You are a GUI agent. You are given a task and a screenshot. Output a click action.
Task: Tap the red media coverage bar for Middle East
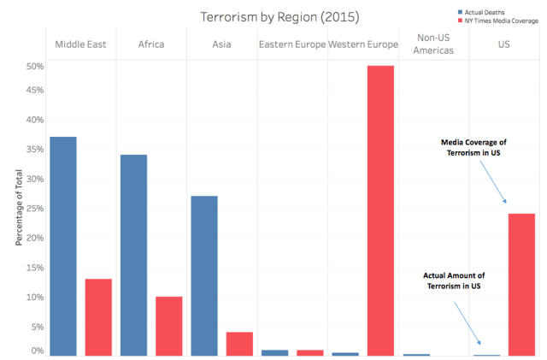click(x=98, y=316)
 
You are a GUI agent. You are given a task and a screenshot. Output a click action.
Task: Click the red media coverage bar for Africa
click(x=168, y=326)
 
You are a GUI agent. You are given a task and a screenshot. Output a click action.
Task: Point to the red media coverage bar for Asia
click(x=239, y=343)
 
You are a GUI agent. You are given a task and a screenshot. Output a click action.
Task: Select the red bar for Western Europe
click(x=380, y=210)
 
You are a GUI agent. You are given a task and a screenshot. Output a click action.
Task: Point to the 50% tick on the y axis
click(x=35, y=66)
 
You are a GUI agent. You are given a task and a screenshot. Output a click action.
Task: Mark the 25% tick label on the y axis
click(x=35, y=208)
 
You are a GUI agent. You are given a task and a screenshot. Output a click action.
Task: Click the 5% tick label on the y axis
click(x=37, y=327)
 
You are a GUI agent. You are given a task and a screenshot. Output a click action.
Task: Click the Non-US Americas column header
click(x=433, y=44)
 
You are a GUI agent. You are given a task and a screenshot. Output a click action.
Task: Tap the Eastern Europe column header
click(x=291, y=44)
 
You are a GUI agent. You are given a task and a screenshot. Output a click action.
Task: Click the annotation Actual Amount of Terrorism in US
click(x=454, y=280)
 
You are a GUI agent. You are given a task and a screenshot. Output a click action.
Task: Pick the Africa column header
click(x=150, y=44)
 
